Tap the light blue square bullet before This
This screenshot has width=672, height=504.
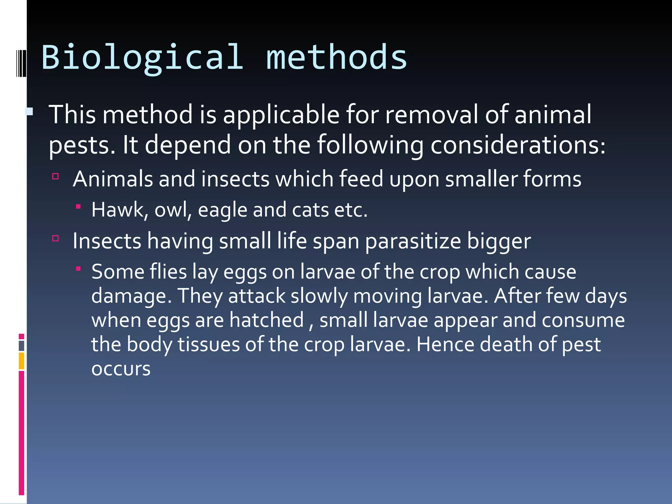click(29, 112)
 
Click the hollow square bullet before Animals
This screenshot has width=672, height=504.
click(55, 177)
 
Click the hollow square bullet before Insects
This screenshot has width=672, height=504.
click(55, 238)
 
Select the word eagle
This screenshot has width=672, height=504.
click(222, 210)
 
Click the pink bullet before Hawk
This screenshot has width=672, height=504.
click(78, 207)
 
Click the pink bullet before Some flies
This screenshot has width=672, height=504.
click(78, 269)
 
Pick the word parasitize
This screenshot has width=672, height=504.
click(413, 241)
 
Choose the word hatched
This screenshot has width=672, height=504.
click(266, 320)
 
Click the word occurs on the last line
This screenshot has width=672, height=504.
click(121, 369)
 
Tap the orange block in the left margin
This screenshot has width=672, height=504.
click(22, 361)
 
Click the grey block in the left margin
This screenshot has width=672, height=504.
click(22, 346)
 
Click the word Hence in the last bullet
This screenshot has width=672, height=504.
click(445, 345)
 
